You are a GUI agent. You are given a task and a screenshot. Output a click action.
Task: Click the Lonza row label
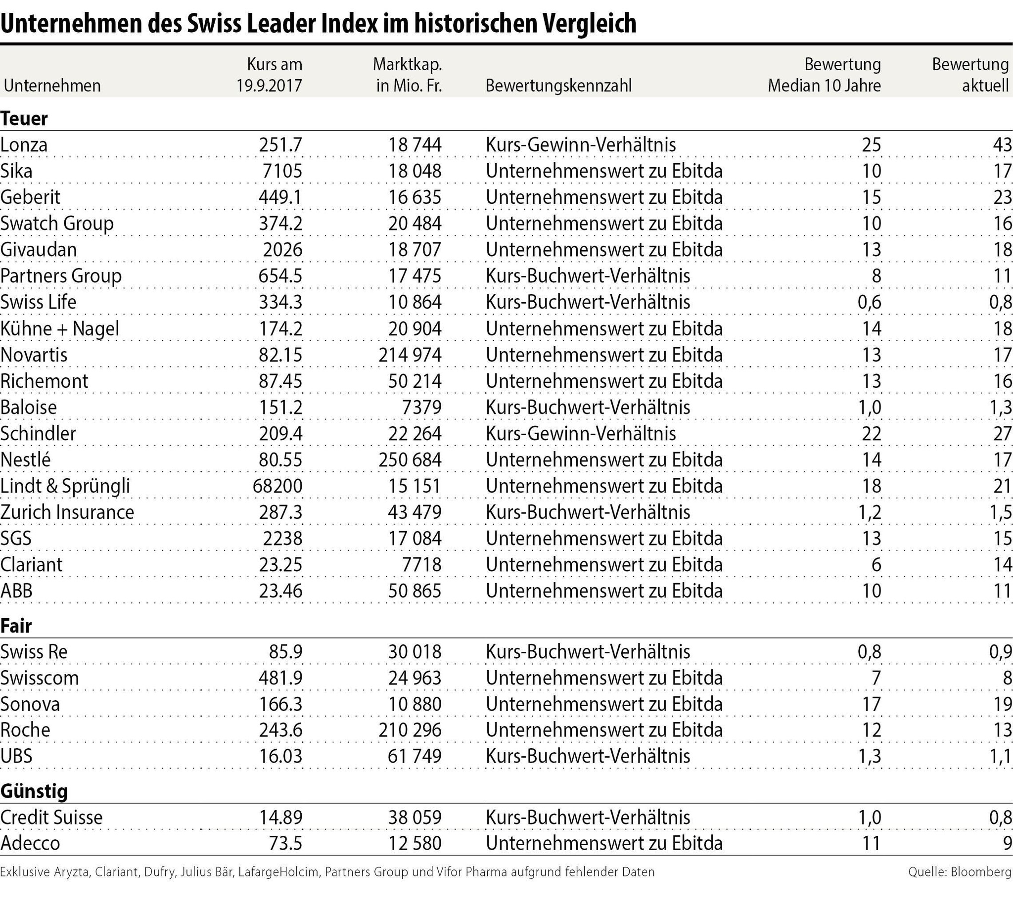click(24, 145)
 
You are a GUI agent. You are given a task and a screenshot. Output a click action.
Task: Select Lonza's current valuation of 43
click(1002, 145)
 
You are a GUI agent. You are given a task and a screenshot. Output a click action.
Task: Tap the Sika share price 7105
click(282, 171)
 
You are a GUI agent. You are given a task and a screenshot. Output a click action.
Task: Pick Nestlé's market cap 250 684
click(410, 459)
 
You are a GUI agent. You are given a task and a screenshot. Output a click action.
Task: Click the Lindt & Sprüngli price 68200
click(277, 486)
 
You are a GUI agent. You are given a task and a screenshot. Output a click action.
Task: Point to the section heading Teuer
click(24, 119)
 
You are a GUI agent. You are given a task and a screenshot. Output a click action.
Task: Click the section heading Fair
click(16, 626)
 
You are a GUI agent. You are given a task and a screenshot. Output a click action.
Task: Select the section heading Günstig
click(34, 791)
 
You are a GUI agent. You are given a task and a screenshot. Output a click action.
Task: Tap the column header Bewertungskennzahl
click(558, 86)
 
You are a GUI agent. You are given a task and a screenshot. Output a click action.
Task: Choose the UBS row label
click(16, 756)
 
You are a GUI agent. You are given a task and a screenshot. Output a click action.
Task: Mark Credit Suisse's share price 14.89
click(280, 818)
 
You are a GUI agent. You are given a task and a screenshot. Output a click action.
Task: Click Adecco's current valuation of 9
click(1008, 844)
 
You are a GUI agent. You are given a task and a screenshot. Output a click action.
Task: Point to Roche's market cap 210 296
click(410, 730)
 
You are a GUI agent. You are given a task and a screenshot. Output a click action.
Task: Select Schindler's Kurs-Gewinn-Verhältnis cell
click(581, 434)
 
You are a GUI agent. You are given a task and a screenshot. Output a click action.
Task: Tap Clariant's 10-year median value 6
click(875, 564)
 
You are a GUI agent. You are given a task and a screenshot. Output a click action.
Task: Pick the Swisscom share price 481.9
click(280, 678)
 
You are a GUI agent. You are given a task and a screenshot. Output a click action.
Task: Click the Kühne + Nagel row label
click(60, 329)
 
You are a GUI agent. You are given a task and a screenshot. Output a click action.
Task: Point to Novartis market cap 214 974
click(410, 355)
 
